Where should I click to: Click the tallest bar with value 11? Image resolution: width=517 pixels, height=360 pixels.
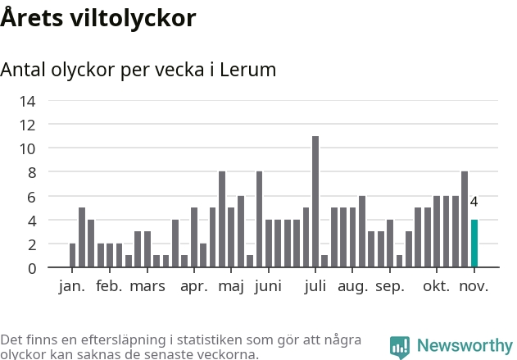(x=315, y=202)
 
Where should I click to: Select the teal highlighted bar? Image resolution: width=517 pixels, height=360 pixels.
(x=474, y=244)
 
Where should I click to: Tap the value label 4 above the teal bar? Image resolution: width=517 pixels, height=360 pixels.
(x=474, y=202)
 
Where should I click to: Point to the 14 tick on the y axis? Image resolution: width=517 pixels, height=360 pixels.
(x=28, y=101)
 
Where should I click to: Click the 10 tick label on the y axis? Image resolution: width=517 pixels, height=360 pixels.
(x=28, y=148)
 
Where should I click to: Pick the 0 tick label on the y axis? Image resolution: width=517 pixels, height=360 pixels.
(x=31, y=268)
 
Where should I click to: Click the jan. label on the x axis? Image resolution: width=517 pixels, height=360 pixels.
(x=72, y=286)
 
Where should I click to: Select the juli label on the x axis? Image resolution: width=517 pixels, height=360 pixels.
(x=315, y=286)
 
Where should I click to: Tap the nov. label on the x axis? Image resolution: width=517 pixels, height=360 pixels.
(x=474, y=286)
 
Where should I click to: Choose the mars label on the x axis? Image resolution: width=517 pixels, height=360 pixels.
(x=147, y=286)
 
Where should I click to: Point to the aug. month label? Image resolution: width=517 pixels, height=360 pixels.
(x=353, y=286)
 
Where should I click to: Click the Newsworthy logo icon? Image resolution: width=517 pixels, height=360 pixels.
(x=400, y=346)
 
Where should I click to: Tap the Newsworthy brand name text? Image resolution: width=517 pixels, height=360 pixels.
(x=464, y=346)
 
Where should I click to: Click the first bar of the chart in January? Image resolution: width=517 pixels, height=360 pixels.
(x=72, y=256)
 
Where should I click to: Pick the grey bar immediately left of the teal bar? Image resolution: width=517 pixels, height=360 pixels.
(x=465, y=220)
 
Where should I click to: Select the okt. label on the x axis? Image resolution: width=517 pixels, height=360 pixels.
(x=437, y=286)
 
